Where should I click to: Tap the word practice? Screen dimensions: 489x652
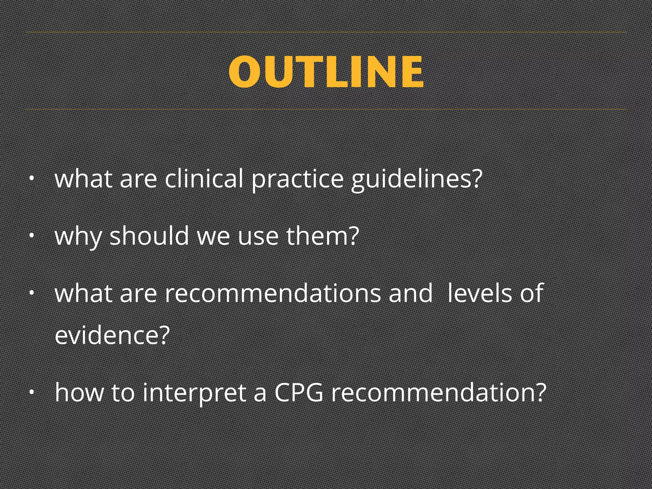pos(297,179)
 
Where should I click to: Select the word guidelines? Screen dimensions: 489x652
pos(417,179)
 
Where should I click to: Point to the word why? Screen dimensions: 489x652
pos(78,236)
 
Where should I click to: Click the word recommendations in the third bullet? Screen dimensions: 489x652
pos(273,293)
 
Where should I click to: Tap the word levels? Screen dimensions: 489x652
pos(479,293)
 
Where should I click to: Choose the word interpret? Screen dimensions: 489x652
pos(195,393)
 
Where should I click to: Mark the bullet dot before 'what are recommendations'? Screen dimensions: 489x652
pos(31,293)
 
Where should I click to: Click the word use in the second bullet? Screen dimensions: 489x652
pos(258,236)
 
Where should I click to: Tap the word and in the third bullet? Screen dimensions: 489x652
pos(411,293)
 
